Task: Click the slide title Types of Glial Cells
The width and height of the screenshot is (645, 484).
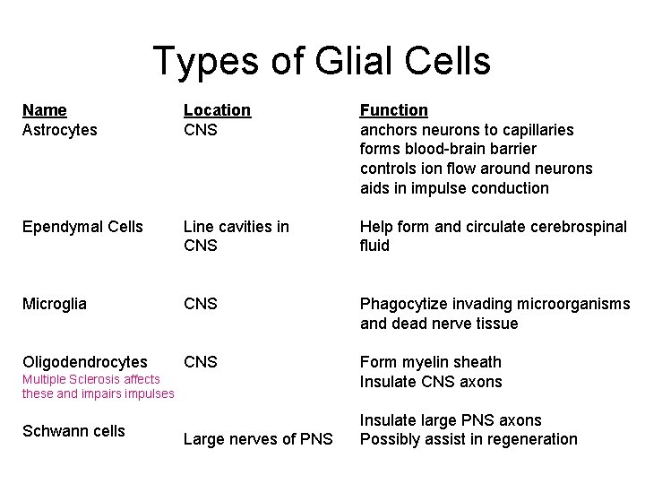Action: tap(322, 62)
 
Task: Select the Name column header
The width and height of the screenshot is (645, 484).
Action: tap(45, 110)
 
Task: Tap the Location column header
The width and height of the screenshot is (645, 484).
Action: tap(217, 110)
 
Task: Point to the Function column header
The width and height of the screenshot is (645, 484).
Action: tap(393, 110)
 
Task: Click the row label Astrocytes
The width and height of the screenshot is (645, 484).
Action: tap(60, 130)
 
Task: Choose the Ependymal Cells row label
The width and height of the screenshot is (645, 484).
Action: tap(82, 227)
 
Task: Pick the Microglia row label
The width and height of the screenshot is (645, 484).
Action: tap(55, 304)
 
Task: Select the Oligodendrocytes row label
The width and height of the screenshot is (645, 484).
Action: tap(85, 362)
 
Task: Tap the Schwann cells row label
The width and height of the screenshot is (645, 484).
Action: tap(73, 431)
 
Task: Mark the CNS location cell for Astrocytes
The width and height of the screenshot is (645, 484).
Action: tap(201, 130)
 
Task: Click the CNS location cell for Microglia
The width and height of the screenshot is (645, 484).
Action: tap(201, 304)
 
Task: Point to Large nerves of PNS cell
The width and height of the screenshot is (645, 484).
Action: tap(258, 439)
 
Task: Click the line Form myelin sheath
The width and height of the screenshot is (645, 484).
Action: tap(430, 362)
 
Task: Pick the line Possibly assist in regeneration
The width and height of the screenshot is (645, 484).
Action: tap(469, 439)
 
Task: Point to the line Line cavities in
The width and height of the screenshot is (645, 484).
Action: tap(236, 227)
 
